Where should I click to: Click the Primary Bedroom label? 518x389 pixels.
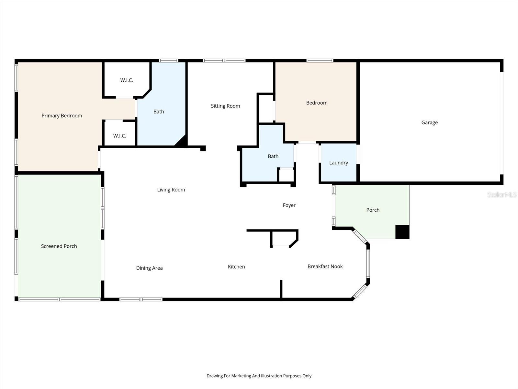tap(62, 116)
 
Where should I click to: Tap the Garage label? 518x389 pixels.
tap(429, 123)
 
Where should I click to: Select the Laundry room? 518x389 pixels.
tap(338, 163)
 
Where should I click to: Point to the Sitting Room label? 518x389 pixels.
tap(225, 106)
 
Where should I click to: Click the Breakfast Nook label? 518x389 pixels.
tap(325, 266)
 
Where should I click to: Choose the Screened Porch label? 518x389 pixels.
tap(59, 246)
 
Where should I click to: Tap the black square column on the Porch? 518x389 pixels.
tap(402, 232)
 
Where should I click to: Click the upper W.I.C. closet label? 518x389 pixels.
tap(127, 80)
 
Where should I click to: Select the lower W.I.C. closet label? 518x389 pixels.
tap(119, 136)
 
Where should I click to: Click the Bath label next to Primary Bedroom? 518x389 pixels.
tap(159, 112)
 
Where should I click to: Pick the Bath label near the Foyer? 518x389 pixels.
tap(273, 156)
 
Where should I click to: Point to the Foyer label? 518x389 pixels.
tap(289, 205)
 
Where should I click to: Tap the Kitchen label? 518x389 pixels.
tap(236, 267)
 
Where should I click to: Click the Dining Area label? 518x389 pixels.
tap(149, 268)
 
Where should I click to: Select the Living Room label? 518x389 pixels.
tap(171, 190)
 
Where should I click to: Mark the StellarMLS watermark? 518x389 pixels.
tap(501, 194)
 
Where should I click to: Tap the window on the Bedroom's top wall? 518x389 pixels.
tap(320, 60)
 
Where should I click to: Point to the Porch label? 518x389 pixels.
tap(373, 210)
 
